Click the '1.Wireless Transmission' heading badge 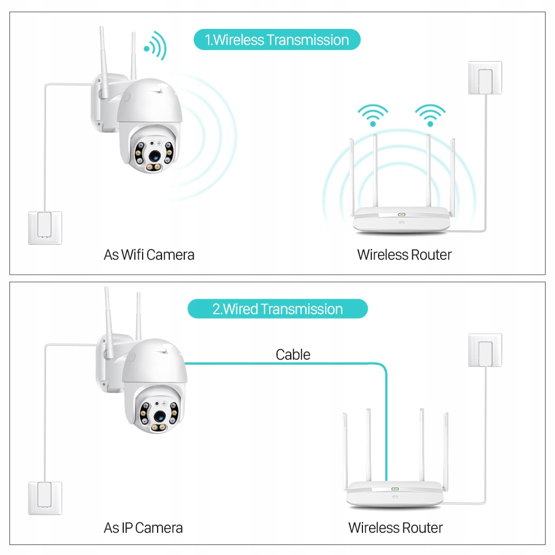click(277, 40)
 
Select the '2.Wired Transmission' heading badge click(277, 309)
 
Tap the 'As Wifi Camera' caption click(149, 255)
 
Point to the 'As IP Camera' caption click(143, 527)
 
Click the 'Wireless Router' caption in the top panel click(404, 255)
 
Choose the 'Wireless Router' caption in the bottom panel click(395, 527)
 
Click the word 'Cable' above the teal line click(293, 354)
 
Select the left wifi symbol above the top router click(373, 115)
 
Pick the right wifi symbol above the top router click(430, 115)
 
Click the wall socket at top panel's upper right click(485, 78)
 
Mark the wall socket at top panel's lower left click(45, 228)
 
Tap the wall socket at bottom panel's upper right click(485, 350)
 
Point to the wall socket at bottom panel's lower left click(45, 498)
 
